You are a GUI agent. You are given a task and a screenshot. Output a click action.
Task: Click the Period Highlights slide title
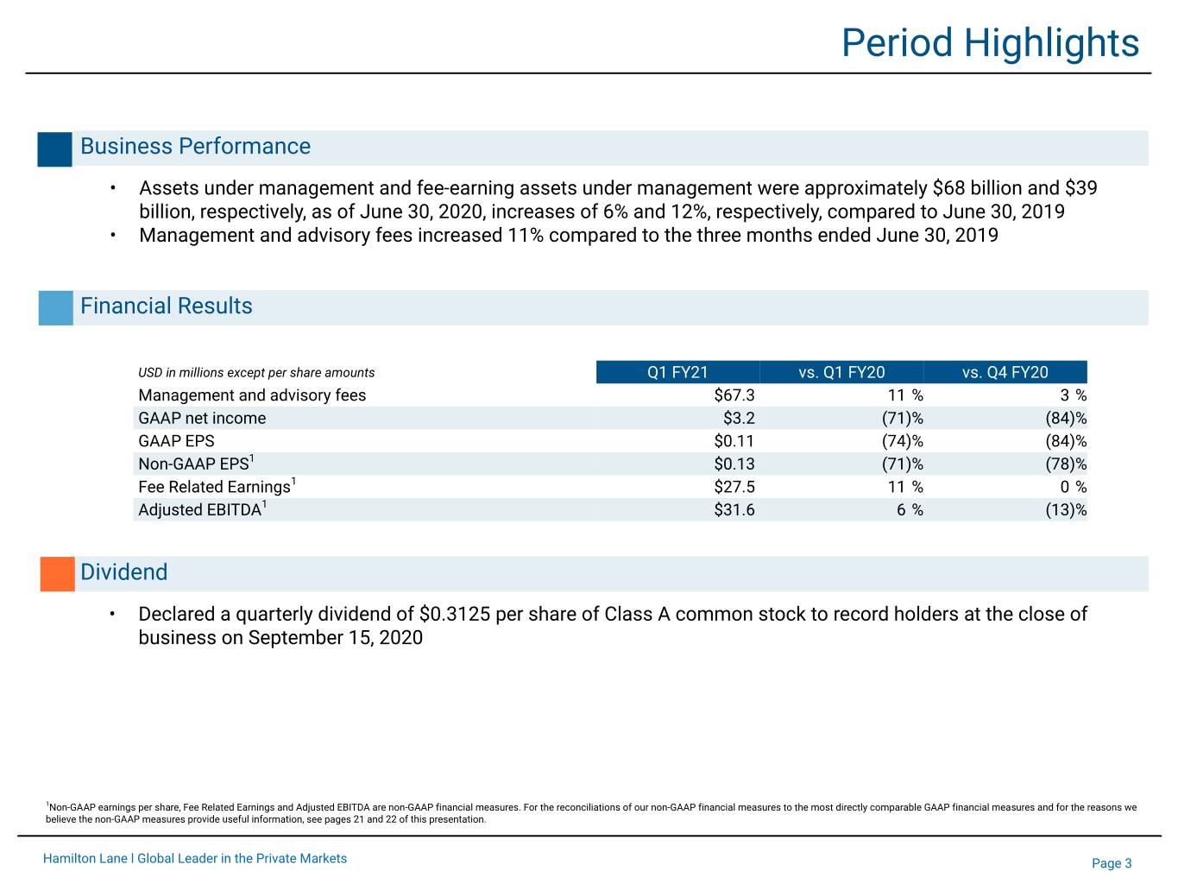click(x=990, y=43)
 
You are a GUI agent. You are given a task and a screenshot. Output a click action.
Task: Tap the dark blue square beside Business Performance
click(x=54, y=149)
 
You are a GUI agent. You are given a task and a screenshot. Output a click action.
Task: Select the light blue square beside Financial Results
click(x=56, y=307)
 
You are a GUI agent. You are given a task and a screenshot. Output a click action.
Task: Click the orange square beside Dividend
click(x=58, y=574)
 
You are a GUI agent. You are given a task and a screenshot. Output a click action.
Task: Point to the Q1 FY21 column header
click(x=677, y=372)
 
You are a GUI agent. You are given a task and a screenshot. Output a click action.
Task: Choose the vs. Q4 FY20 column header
click(x=1005, y=372)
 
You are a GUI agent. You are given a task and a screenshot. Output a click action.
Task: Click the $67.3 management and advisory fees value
click(x=734, y=395)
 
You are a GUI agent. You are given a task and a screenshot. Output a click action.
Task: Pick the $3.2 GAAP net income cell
click(x=739, y=418)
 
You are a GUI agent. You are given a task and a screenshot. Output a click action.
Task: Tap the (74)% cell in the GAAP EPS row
click(x=902, y=441)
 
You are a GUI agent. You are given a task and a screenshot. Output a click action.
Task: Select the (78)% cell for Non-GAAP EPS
click(x=1066, y=464)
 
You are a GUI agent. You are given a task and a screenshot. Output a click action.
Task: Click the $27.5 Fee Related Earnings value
click(x=734, y=487)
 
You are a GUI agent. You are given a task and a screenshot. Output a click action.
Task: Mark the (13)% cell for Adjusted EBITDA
click(x=1066, y=510)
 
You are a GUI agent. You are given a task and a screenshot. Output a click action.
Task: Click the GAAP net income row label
click(x=202, y=418)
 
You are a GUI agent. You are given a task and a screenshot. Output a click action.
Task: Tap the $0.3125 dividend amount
click(x=455, y=614)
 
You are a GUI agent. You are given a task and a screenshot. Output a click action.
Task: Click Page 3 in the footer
click(x=1112, y=863)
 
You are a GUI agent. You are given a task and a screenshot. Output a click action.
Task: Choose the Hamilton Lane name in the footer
click(x=85, y=858)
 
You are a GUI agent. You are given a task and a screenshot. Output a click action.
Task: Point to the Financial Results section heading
click(x=167, y=306)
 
